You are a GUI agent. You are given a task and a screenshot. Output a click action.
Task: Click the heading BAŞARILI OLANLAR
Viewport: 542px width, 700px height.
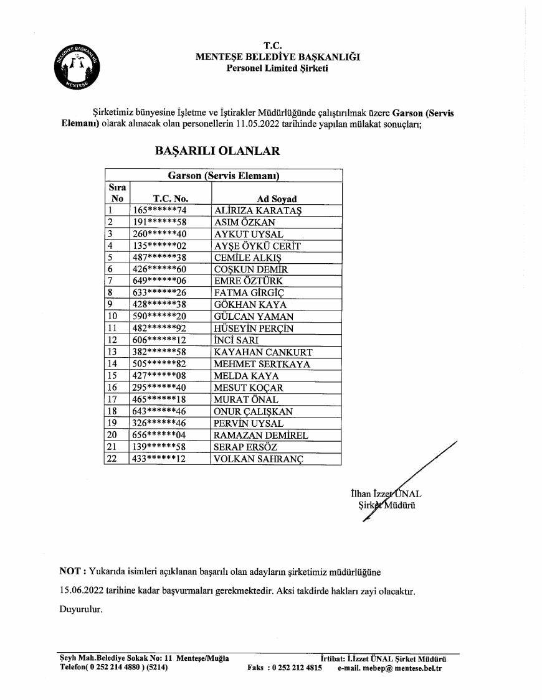[x=217, y=151]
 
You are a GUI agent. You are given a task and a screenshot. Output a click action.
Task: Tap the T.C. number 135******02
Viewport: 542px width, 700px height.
[x=160, y=246]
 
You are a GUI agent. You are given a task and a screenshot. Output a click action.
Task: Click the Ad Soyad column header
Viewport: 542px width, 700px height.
[x=277, y=199]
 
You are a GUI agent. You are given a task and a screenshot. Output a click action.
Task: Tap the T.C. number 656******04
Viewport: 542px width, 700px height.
[x=160, y=435]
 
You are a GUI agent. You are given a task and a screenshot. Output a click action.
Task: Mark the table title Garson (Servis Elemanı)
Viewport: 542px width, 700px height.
[x=223, y=175]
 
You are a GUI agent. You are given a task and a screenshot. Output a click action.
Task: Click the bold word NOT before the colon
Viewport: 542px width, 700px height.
[x=69, y=571]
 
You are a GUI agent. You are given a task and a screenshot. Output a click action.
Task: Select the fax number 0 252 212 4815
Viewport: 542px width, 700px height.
[x=298, y=668]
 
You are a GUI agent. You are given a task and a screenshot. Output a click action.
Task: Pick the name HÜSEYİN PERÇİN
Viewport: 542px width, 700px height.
[x=254, y=329]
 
